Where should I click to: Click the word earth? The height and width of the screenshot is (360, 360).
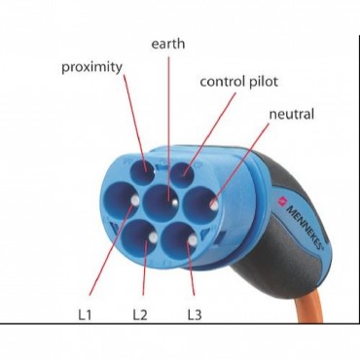pos(168,44)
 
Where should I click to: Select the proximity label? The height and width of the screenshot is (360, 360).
pos(92,67)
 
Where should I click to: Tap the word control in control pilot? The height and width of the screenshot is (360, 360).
pos(223,82)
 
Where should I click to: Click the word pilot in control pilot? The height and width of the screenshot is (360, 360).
pos(264,82)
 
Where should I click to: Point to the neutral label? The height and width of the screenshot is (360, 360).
pos(292,114)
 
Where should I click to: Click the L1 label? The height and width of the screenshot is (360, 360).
pos(85,315)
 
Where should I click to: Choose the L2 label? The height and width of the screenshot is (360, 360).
pos(140,315)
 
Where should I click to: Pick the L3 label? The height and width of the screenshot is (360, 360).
pos(195,315)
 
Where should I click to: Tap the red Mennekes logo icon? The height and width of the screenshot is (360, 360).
pos(281,201)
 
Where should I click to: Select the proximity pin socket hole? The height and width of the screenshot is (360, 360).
pos(141,171)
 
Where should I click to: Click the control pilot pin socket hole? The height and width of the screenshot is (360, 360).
pos(182,175)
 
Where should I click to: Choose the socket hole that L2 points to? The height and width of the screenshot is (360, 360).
pos(140,236)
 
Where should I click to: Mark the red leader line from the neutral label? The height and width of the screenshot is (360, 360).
pos(241,164)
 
